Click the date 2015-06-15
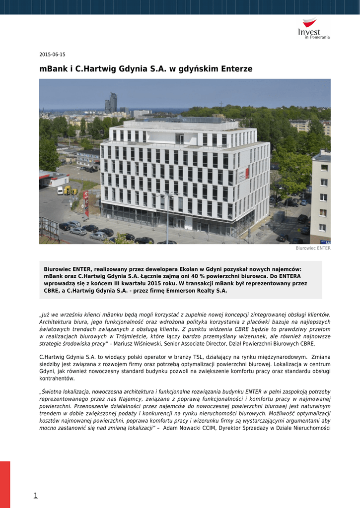pyautogui.click(x=52, y=55)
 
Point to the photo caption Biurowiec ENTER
pyautogui.click(x=313, y=248)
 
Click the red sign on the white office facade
pyautogui.click(x=247, y=173)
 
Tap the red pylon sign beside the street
pyautogui.click(x=86, y=203)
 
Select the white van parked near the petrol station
pyautogui.click(x=60, y=190)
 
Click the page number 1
pyautogui.click(x=36, y=495)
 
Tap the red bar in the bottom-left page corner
pyautogui.click(x=5, y=484)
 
